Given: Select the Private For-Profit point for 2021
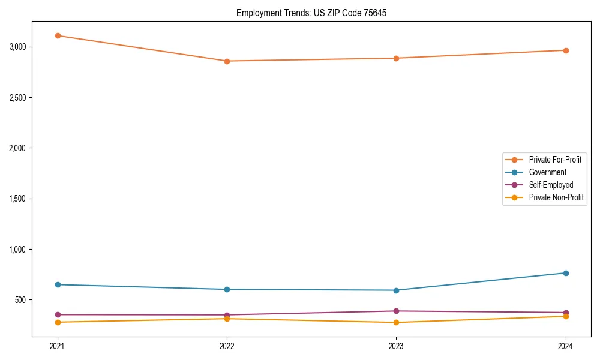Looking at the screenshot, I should click(58, 35).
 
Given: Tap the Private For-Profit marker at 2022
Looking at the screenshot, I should click(227, 61).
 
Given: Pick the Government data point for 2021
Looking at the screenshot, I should click(58, 284).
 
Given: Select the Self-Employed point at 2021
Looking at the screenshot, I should click(58, 314).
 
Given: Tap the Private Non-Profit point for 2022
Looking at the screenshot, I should click(227, 319).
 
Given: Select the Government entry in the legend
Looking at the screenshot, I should click(547, 172).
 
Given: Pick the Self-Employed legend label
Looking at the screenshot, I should click(551, 185).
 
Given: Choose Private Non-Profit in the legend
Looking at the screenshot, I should click(556, 197).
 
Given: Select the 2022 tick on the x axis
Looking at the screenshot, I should click(227, 346).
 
